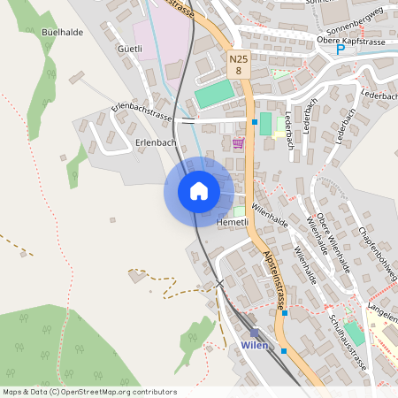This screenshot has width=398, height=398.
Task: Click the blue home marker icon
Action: [199, 191]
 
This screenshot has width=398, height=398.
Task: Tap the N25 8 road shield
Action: [238, 64]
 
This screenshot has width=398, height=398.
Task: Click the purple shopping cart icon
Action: [238, 143]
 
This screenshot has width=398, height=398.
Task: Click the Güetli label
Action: [130, 50]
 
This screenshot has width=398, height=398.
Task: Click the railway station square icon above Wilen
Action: [254, 333]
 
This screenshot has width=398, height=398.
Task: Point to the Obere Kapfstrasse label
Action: [352, 40]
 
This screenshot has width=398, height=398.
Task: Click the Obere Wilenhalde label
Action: [334, 243]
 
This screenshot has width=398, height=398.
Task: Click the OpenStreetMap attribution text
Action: [89, 392]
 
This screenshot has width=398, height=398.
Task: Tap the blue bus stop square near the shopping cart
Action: [255, 121]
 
